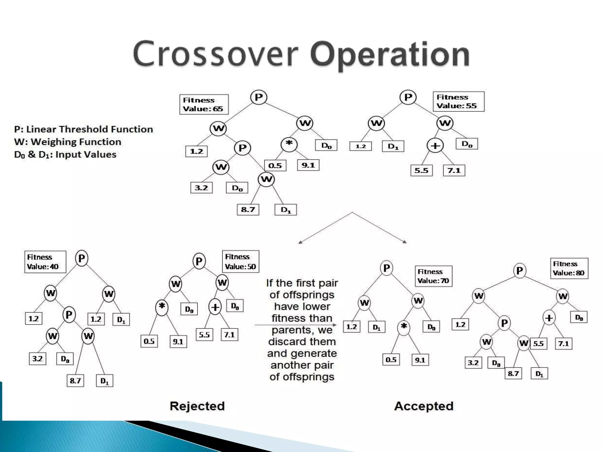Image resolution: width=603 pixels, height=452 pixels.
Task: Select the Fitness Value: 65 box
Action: coord(204,104)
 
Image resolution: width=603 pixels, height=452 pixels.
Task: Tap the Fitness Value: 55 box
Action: coord(458,102)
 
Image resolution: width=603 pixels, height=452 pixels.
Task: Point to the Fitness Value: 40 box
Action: coord(45,262)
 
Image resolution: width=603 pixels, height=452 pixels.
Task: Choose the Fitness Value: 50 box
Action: coord(240,262)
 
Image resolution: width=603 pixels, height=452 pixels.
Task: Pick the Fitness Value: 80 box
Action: coord(569,268)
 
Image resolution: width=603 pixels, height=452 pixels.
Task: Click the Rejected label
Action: coord(197,406)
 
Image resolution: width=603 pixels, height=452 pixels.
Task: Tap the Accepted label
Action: coord(424,406)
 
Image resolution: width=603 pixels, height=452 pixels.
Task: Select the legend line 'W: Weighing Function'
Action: coord(68,142)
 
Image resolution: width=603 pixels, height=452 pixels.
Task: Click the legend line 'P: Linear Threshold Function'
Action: coord(84,129)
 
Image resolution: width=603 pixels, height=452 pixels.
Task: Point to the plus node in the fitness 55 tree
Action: coord(435,146)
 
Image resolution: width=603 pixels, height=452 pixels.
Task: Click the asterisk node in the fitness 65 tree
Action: coord(289,144)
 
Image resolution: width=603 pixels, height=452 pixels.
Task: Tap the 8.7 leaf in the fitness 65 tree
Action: coord(248,210)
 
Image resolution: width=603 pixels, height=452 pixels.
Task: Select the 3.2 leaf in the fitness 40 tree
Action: coord(37,359)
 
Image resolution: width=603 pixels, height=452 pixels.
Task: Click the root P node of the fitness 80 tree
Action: coord(519,270)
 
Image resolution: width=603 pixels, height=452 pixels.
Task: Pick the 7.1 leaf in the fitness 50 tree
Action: coord(229,335)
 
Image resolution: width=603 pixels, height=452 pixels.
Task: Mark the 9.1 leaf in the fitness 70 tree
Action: coord(420,360)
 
